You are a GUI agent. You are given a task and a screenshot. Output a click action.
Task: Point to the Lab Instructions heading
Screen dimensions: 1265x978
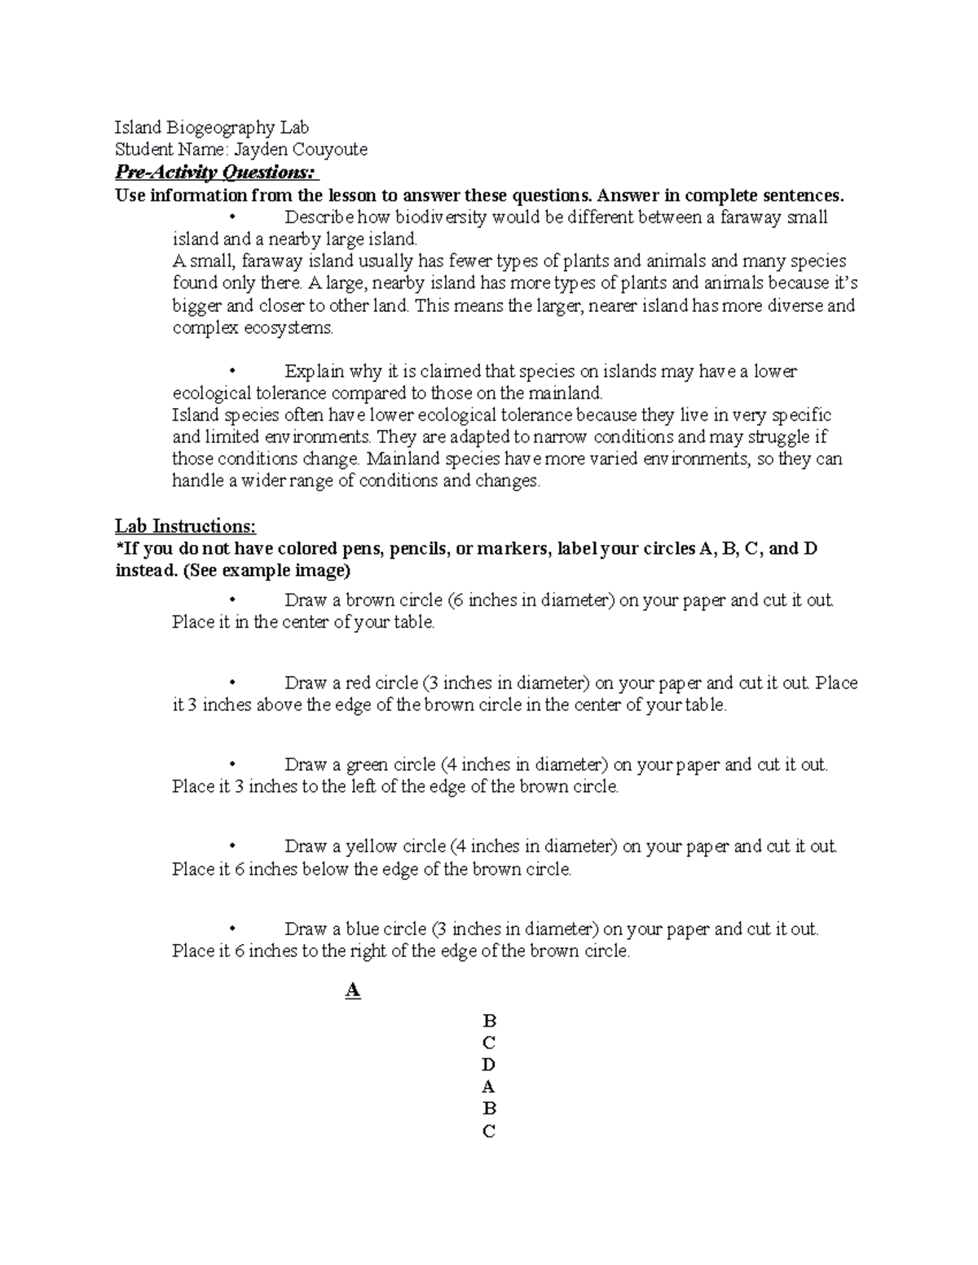point(185,526)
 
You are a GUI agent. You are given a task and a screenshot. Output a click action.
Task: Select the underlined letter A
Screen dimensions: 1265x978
point(353,991)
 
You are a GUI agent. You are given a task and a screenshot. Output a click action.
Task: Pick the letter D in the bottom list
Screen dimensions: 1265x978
point(489,1065)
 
